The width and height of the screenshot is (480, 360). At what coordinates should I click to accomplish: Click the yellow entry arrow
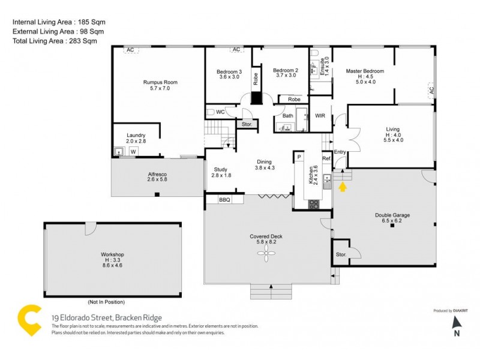[343, 188]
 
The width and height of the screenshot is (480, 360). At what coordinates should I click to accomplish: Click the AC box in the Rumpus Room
[130, 50]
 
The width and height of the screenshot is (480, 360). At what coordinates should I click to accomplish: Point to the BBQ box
[224, 200]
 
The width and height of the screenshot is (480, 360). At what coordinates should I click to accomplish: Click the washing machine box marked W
[133, 152]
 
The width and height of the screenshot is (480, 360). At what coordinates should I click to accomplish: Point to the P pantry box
[299, 157]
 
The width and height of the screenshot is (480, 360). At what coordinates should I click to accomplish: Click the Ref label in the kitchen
[326, 158]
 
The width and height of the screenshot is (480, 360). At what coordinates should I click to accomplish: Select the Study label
[220, 172]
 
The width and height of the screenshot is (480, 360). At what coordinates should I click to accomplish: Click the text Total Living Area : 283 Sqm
[55, 41]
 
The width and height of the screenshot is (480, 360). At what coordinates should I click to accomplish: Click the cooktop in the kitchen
[313, 203]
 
